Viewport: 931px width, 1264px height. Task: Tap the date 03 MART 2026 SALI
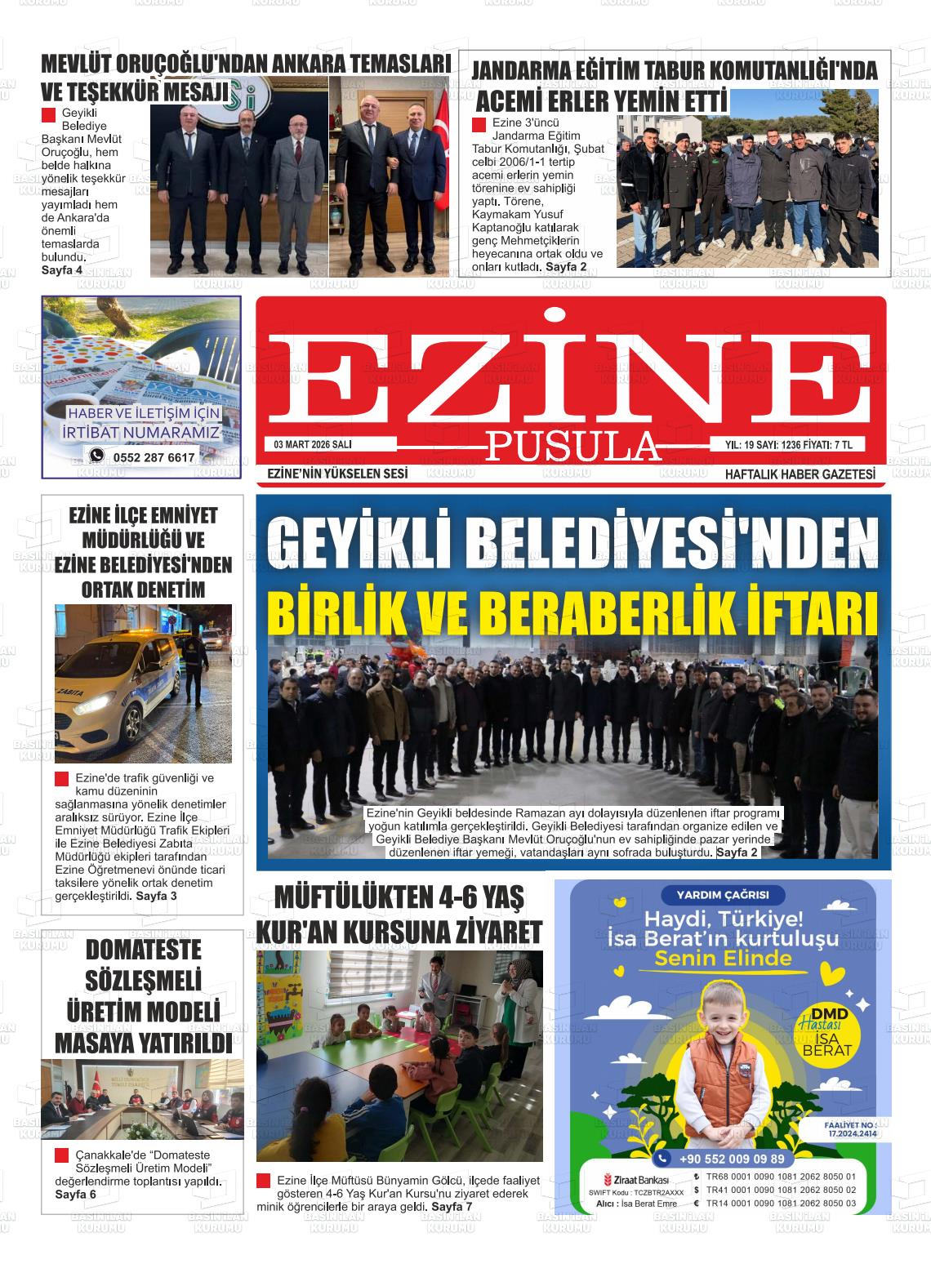pyautogui.click(x=313, y=445)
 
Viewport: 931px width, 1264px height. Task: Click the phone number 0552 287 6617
pyautogui.click(x=154, y=457)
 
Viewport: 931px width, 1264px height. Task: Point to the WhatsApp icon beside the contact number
pyautogui.click(x=97, y=456)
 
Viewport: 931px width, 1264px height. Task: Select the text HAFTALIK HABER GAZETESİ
pyautogui.click(x=800, y=474)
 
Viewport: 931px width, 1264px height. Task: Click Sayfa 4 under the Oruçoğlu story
pyautogui.click(x=62, y=269)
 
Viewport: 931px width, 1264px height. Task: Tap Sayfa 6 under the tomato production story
pyautogui.click(x=75, y=1194)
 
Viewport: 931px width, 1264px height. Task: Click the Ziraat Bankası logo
pyautogui.click(x=636, y=1181)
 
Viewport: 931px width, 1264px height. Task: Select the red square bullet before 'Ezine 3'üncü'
pyautogui.click(x=479, y=124)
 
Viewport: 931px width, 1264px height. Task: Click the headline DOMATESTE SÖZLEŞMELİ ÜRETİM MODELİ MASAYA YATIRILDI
pyautogui.click(x=143, y=996)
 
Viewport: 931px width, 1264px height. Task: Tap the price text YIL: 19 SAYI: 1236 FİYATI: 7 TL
pyautogui.click(x=788, y=445)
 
